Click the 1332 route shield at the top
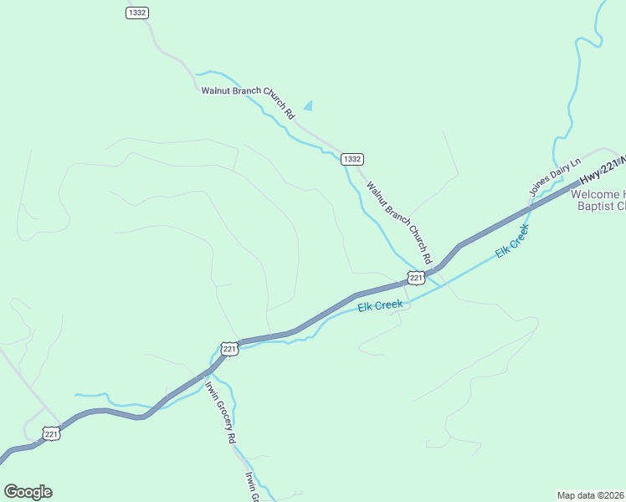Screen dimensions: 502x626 [x=137, y=12]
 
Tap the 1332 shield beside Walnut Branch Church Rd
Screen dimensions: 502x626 [x=351, y=158]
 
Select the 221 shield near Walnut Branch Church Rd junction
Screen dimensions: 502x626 [x=417, y=277]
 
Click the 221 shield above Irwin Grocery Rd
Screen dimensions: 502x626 [x=231, y=348]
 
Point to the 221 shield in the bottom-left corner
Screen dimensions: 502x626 [x=52, y=433]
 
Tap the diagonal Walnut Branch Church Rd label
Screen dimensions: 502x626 [x=398, y=219]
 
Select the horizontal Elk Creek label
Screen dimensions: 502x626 [x=381, y=306]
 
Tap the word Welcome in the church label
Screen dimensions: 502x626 [x=597, y=194]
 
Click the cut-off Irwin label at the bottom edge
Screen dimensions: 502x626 [x=251, y=487]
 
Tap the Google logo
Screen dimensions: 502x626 [x=28, y=492]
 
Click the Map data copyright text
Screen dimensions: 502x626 [x=590, y=494]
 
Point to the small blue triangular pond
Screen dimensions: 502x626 [x=308, y=105]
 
